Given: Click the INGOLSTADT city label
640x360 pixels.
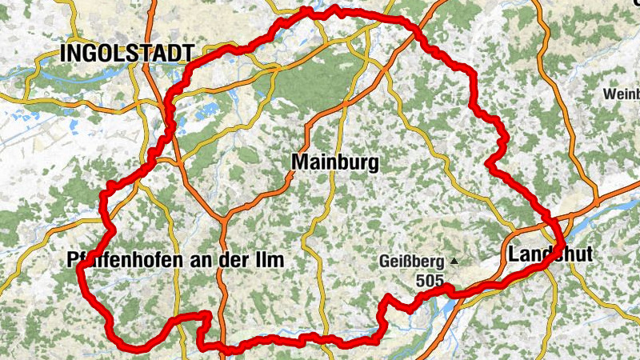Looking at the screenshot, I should click(x=127, y=54).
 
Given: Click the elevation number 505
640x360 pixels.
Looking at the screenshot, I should click(x=429, y=281).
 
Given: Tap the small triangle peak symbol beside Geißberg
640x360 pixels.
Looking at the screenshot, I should click(x=455, y=261).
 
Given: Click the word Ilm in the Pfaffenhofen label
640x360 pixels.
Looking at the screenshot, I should click(x=271, y=261).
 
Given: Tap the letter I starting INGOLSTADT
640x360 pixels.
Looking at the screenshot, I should click(x=64, y=54).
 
